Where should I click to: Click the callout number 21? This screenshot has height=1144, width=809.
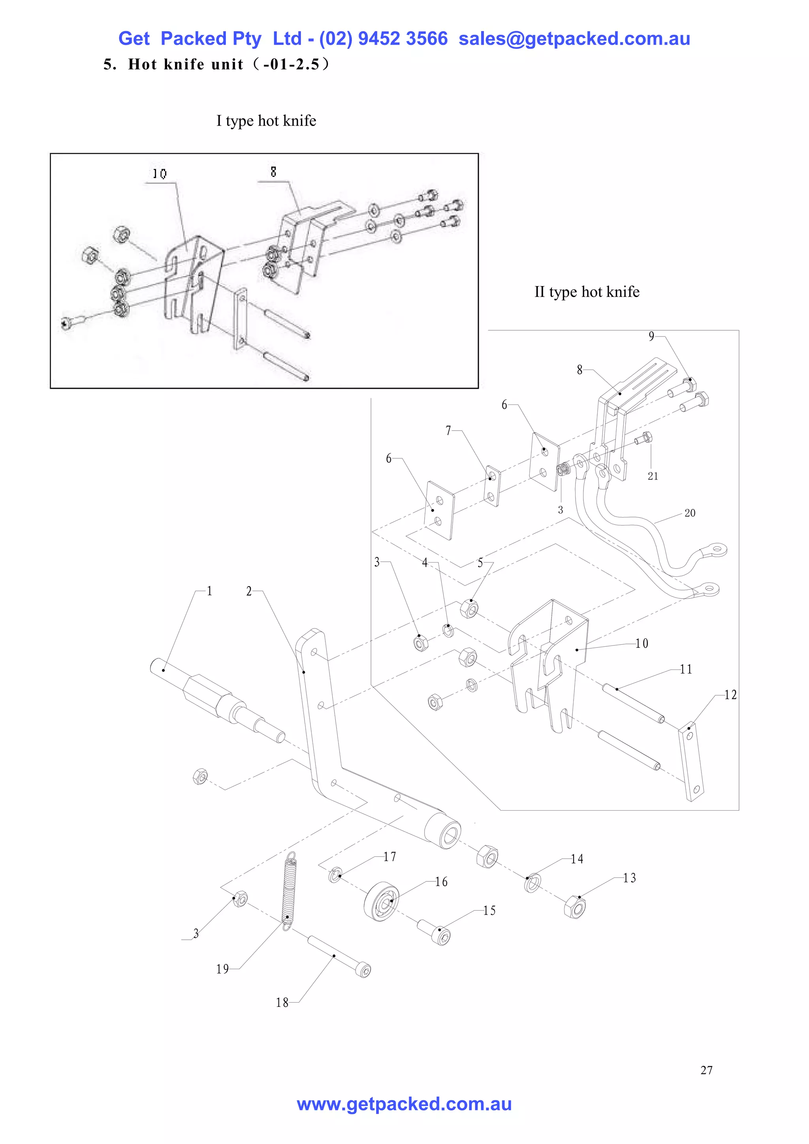coord(653,476)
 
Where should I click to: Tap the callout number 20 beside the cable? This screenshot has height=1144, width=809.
coord(689,513)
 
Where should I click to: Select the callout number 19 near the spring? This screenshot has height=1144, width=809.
coord(222,969)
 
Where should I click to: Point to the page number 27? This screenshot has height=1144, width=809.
coord(706,1070)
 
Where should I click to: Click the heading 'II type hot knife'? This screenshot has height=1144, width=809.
coord(587,292)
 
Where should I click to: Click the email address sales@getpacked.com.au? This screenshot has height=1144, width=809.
coord(574,39)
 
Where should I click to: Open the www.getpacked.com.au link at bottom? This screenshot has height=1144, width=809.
coord(404,1104)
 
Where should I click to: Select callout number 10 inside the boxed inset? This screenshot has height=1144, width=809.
coord(160,174)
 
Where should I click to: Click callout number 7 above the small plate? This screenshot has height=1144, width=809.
coord(448,431)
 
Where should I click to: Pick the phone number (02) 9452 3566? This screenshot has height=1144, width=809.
coord(383,39)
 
